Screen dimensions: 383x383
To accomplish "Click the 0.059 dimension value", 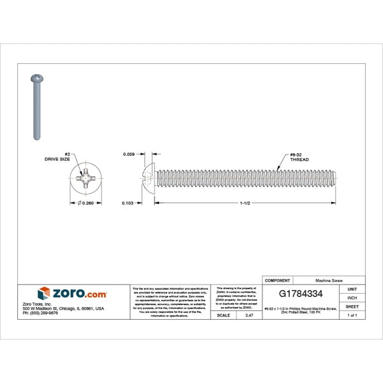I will (128, 154).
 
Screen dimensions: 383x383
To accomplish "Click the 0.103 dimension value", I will (128, 203).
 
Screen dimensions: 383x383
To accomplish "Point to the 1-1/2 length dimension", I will (244, 203).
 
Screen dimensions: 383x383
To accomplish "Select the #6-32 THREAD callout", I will (299, 157).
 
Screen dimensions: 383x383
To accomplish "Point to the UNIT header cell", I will (352, 289).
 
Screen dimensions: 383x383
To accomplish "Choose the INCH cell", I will (352, 298).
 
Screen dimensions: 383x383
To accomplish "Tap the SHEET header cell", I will (352, 307).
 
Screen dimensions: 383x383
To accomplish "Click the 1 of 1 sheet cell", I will (352, 316).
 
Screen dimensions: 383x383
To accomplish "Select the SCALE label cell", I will (223, 316).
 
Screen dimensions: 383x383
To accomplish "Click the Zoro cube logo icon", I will (43, 294).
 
